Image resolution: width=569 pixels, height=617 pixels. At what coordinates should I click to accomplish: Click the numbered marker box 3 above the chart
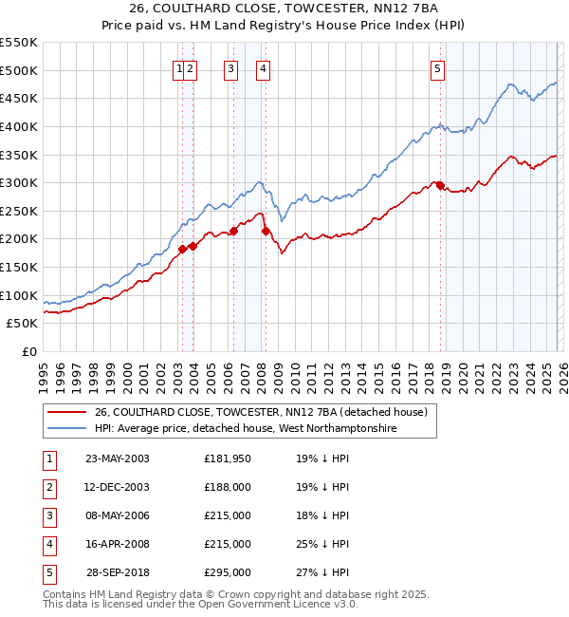coord(230,67)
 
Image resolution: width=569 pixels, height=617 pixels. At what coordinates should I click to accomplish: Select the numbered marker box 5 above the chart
coord(437,67)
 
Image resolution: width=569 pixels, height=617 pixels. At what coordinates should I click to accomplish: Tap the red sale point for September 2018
coord(441,185)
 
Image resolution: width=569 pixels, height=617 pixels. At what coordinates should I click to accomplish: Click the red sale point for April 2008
coord(266,231)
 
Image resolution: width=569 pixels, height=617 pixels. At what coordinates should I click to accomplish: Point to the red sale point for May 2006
coord(233,231)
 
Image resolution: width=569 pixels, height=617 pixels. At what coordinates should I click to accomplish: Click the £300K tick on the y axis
coord(19,182)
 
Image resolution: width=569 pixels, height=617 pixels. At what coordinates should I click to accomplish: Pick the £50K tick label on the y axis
coord(23,324)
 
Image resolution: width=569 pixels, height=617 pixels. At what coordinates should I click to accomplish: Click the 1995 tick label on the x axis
coord(44,374)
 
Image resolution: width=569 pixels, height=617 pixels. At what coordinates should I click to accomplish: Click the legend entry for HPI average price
coord(245,429)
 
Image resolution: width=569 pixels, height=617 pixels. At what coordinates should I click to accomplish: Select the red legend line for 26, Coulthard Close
coord(66,413)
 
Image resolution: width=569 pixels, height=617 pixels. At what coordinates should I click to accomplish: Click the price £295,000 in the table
coord(228,572)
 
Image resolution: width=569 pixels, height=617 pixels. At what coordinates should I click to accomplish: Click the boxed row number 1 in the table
coord(48,458)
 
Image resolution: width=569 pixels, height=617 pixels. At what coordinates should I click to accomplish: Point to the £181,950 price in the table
coord(228,458)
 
